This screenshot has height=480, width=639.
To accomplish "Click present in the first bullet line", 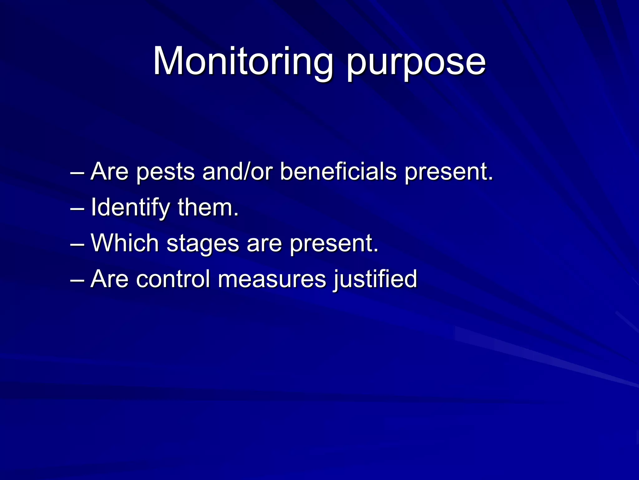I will pyautogui.click(x=449, y=172).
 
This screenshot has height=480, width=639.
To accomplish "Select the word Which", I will pyautogui.click(x=125, y=243).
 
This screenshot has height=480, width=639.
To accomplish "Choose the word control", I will pyautogui.click(x=173, y=279).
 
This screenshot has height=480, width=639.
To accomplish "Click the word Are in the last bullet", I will pyautogui.click(x=110, y=279).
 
